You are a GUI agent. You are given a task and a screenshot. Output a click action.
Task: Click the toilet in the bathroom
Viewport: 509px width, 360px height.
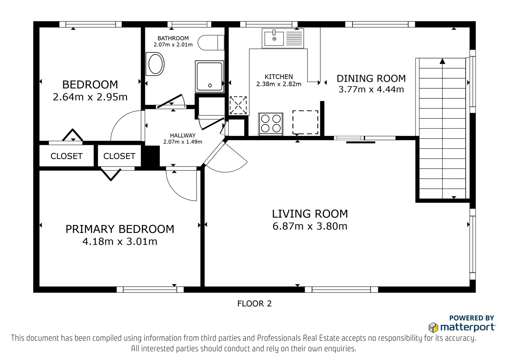point(211,43)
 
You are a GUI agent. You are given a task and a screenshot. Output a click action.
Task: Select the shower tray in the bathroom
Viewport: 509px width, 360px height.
point(209,76)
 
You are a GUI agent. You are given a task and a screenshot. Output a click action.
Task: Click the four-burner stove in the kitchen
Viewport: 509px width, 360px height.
point(271,124)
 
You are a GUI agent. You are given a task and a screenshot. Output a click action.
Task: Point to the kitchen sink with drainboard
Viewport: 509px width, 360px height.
point(283,38)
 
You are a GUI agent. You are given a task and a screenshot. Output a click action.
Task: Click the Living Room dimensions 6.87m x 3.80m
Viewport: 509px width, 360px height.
point(310,226)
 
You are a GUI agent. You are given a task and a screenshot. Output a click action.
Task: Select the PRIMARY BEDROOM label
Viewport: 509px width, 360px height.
point(120,229)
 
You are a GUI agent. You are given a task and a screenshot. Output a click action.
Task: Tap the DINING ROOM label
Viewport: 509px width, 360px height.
point(371,78)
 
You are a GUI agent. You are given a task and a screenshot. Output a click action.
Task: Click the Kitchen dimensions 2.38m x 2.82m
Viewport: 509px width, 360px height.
point(279,84)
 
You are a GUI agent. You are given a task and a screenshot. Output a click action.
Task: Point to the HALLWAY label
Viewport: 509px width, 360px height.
point(183,136)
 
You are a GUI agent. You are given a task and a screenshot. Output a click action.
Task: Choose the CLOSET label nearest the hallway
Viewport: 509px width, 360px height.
point(119,156)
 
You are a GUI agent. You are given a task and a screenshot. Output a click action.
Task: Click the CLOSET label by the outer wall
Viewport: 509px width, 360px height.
point(66,156)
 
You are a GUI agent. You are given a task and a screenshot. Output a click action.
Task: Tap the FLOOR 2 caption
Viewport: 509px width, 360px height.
point(254,304)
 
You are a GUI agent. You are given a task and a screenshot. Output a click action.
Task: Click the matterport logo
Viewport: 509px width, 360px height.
point(462,327)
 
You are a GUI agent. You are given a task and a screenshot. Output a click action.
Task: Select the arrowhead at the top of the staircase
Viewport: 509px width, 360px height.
point(442,61)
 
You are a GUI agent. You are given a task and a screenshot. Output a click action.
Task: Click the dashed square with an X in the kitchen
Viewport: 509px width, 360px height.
point(238,105)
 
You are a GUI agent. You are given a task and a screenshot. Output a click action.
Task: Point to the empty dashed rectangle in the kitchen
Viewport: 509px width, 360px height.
point(305,122)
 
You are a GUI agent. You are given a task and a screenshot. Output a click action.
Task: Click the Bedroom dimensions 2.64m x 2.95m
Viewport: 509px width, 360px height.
point(90,97)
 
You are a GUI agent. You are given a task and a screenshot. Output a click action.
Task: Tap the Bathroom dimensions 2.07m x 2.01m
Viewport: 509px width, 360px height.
point(173,45)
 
